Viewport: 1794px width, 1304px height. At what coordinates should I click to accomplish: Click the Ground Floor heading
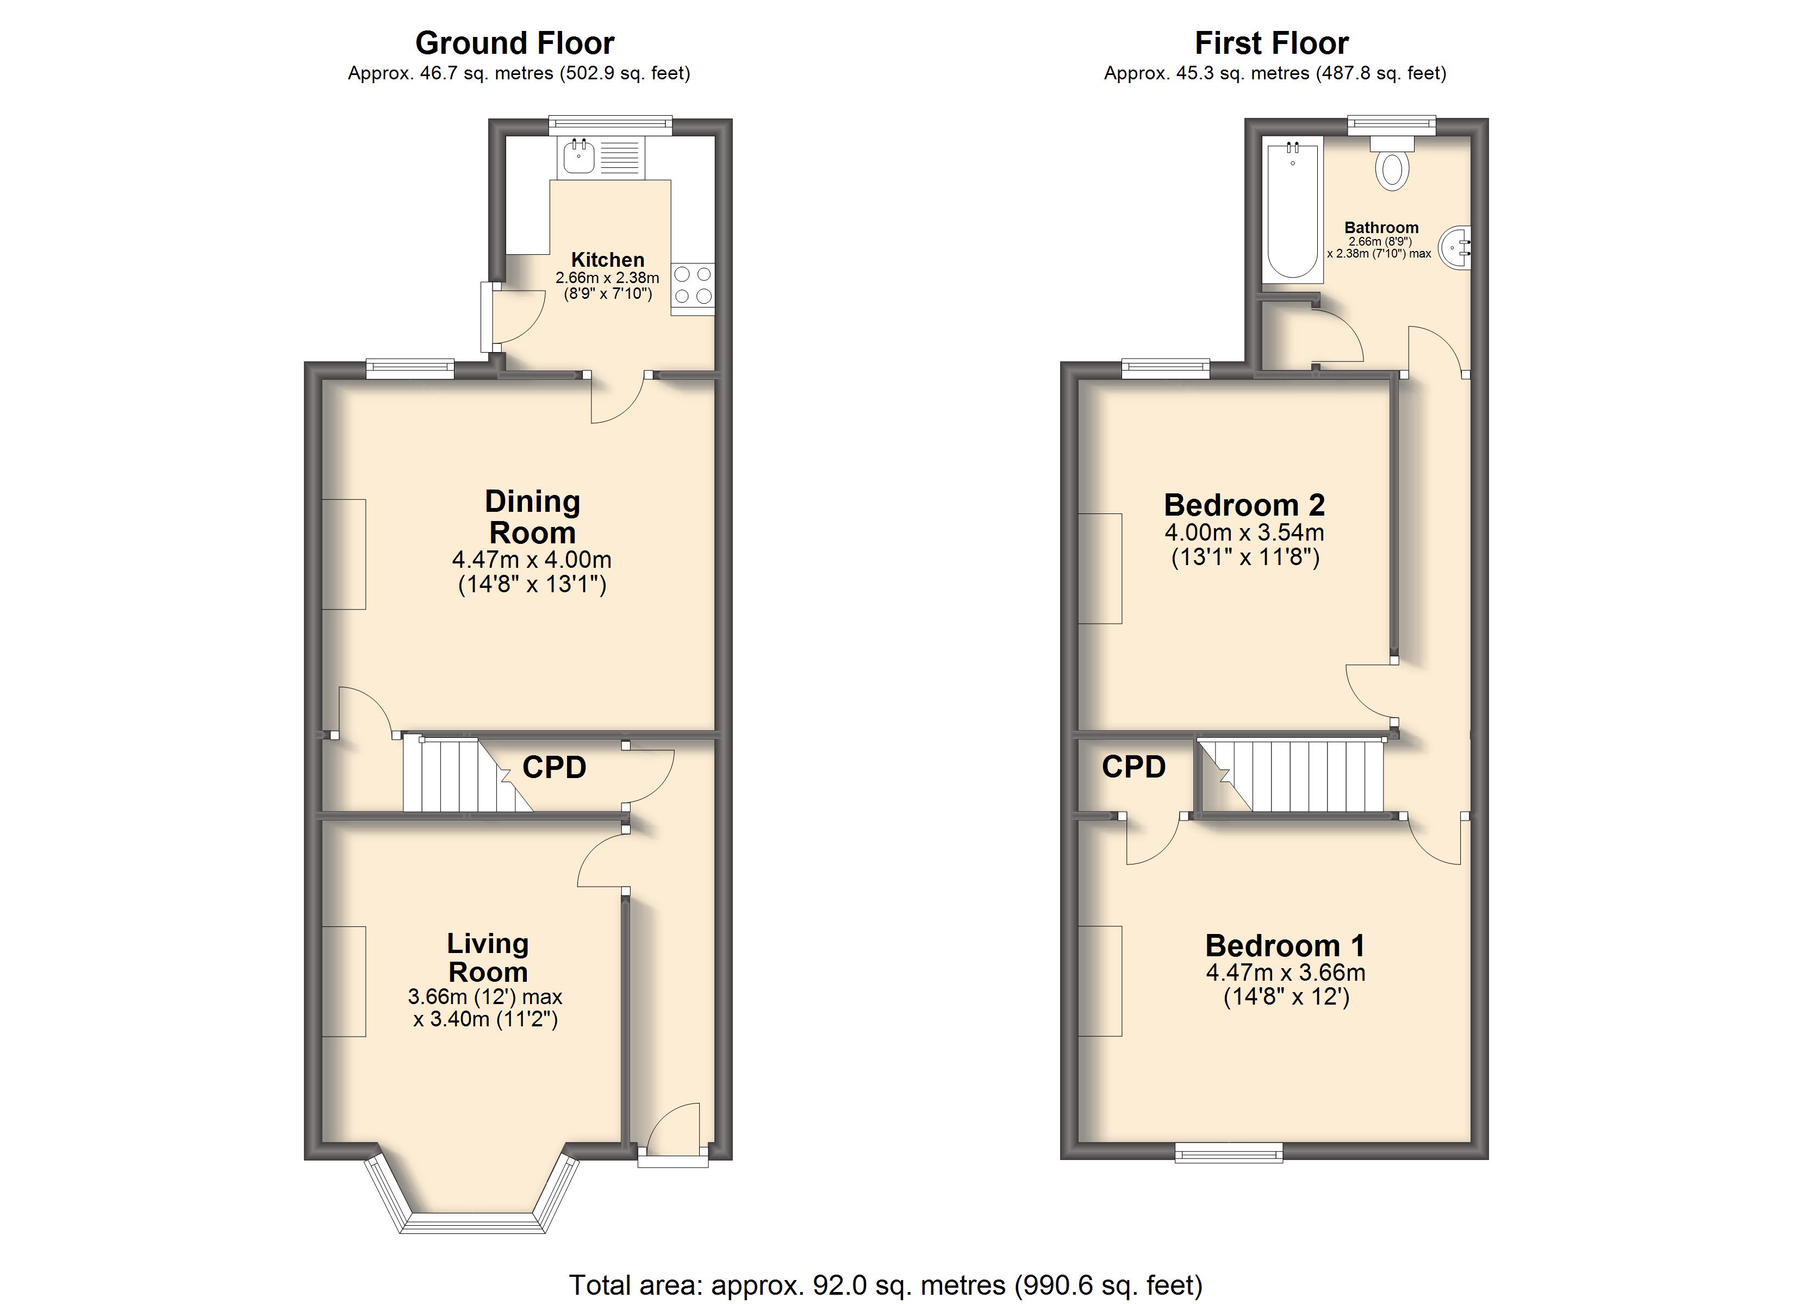[514, 43]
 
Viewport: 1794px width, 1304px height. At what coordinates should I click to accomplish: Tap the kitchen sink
[579, 156]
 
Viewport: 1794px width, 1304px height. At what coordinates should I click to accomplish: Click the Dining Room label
[532, 517]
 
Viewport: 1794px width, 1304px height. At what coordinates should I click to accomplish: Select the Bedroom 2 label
[1244, 505]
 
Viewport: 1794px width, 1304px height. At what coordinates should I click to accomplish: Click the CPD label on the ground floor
[555, 767]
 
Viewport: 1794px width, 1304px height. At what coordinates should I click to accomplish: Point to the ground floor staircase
[468, 775]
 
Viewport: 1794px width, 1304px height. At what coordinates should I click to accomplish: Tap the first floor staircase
[1292, 775]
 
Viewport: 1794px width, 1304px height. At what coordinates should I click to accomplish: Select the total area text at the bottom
[886, 1284]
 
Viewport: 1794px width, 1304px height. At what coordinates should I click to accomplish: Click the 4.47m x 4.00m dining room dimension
[532, 560]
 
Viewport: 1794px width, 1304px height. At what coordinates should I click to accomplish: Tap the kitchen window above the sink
[611, 125]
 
